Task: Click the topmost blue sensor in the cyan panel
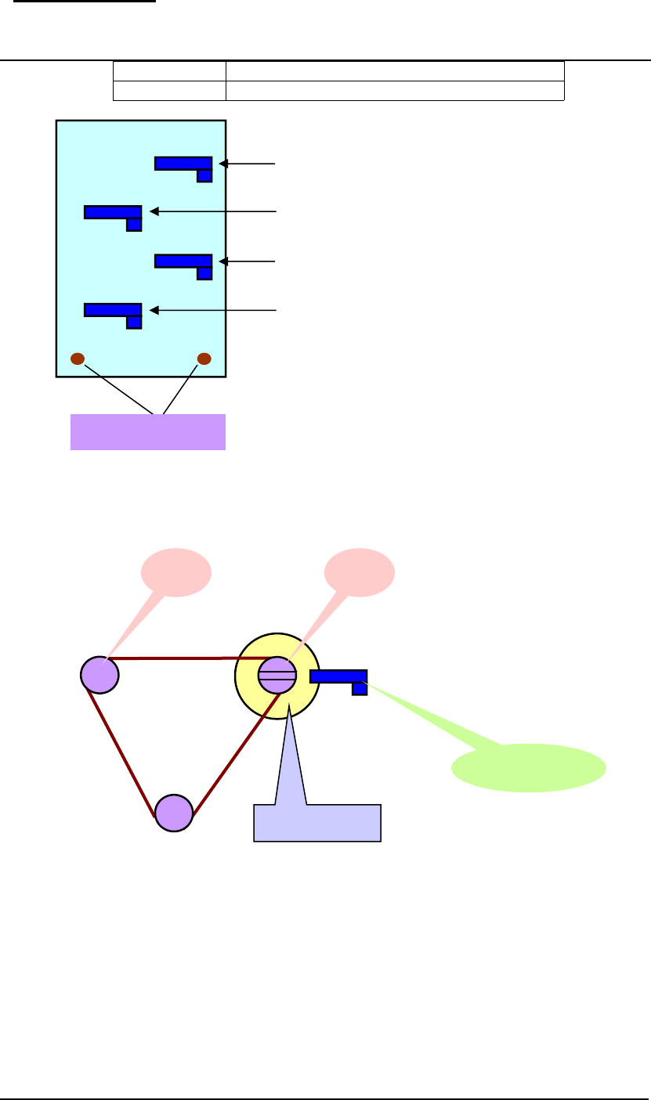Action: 183,164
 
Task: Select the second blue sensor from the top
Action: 112,212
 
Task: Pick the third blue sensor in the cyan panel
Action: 183,261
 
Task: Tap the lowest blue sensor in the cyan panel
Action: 112,310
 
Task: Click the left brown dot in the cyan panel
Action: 78,359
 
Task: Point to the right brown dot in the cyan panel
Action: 204,359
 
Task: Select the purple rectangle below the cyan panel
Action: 148,432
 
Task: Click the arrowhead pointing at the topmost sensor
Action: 223,164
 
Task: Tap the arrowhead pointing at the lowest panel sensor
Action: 153,311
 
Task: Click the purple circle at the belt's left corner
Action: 99,674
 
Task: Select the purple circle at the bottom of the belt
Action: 173,813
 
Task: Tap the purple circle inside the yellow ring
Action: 277,675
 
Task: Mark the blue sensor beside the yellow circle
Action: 338,677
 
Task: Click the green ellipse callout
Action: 529,768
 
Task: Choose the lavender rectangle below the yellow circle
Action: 317,822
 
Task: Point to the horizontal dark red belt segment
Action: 188,658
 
